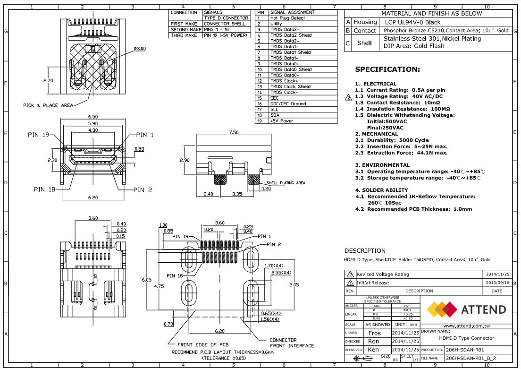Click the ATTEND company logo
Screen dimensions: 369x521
click(466, 309)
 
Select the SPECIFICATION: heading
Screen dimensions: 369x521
click(387, 69)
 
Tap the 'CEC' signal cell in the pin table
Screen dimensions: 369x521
click(274, 98)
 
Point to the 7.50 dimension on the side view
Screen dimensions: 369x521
click(234, 133)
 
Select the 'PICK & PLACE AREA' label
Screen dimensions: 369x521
click(48, 105)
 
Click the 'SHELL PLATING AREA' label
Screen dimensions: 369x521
click(286, 182)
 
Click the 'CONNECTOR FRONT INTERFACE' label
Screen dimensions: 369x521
click(283, 343)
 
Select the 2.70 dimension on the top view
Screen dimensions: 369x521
click(48, 81)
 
